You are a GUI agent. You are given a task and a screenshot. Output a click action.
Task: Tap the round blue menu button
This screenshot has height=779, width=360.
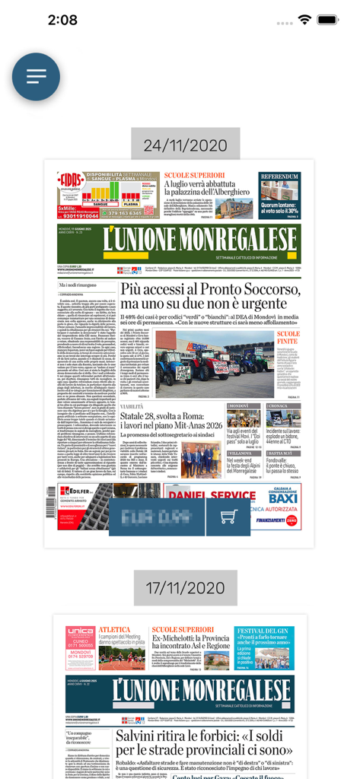[x=36, y=77]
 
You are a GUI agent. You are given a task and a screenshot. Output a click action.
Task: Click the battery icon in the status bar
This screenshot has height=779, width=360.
[x=328, y=20]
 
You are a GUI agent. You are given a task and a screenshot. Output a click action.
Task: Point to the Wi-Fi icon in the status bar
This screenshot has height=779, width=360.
[x=304, y=20]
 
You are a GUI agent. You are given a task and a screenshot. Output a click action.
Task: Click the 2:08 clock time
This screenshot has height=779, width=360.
[x=62, y=20]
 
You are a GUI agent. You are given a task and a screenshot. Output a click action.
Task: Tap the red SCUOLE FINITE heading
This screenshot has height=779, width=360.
[x=288, y=339]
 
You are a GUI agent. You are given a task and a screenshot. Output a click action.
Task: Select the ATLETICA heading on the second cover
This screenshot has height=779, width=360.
[x=114, y=630]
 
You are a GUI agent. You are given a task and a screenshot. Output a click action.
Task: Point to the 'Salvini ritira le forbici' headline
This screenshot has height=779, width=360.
[x=204, y=744]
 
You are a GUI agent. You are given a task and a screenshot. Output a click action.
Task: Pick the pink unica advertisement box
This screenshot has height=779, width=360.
[x=80, y=647]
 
